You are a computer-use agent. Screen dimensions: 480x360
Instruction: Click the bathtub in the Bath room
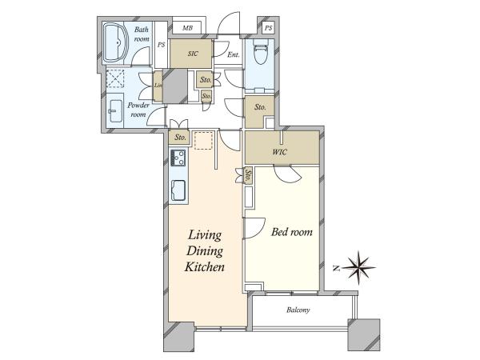(115, 42)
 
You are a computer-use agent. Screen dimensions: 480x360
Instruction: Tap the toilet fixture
(260, 51)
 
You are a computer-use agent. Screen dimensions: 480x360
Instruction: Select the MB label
(187, 28)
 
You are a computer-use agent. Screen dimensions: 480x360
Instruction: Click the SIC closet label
(193, 54)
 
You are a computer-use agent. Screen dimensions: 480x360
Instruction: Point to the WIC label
(280, 151)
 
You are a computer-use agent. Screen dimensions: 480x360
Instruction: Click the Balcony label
(298, 310)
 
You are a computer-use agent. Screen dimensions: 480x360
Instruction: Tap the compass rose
(358, 268)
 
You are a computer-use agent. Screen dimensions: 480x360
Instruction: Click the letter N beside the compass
(337, 269)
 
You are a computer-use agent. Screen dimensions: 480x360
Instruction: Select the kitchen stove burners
(178, 158)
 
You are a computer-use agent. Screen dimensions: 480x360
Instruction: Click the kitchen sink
(178, 190)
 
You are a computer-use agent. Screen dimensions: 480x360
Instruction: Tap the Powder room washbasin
(115, 111)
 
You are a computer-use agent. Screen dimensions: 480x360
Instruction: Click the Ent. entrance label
(234, 54)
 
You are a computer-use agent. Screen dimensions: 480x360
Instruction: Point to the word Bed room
(292, 232)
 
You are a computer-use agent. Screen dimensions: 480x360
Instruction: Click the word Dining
(205, 251)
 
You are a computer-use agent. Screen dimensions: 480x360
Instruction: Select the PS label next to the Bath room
(162, 45)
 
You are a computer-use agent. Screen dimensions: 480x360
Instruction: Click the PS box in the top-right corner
(268, 28)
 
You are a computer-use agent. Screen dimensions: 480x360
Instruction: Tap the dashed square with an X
(115, 78)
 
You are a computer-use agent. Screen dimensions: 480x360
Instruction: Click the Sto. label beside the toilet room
(260, 107)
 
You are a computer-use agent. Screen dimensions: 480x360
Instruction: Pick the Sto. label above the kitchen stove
(180, 138)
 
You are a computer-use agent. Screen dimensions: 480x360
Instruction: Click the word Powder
(138, 106)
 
